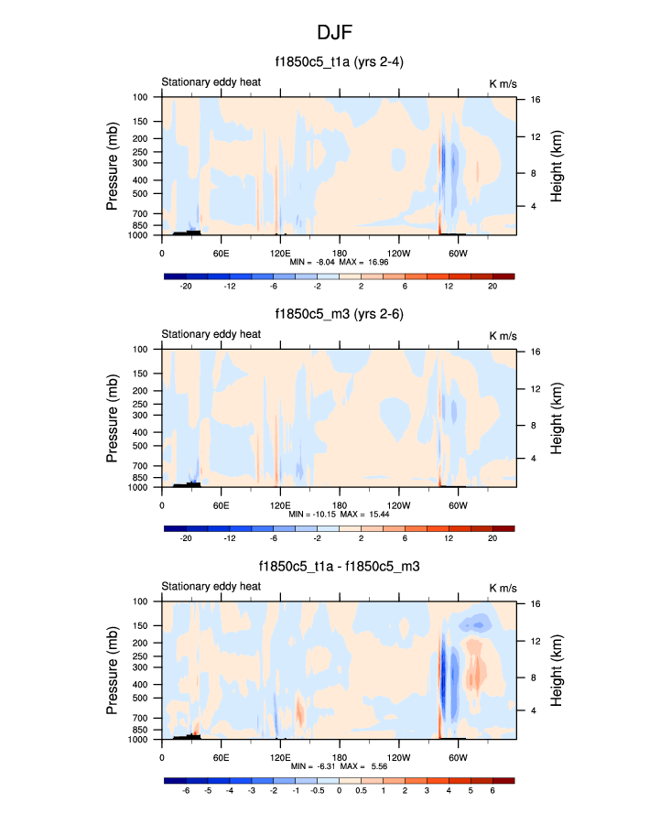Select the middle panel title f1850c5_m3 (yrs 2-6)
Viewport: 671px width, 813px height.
pos(339,315)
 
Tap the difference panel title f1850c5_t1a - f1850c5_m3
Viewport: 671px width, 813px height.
pos(339,567)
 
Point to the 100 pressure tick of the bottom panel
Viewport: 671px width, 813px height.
pos(142,602)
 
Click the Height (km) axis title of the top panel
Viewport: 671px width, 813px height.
pos(557,166)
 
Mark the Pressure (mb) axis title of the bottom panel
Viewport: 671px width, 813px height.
pos(113,669)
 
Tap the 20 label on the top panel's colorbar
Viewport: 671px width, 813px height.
pos(492,287)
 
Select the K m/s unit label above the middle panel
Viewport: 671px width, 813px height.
pos(503,334)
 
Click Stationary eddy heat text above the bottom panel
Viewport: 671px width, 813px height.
pos(211,586)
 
